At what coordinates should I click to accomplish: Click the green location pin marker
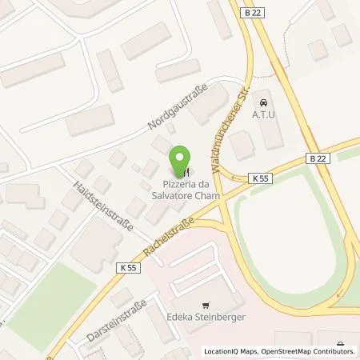coord(183,158)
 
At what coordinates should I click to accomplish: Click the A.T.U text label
coord(264,114)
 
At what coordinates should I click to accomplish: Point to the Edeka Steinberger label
coord(206,318)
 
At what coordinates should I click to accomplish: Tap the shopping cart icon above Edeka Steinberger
coord(206,305)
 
